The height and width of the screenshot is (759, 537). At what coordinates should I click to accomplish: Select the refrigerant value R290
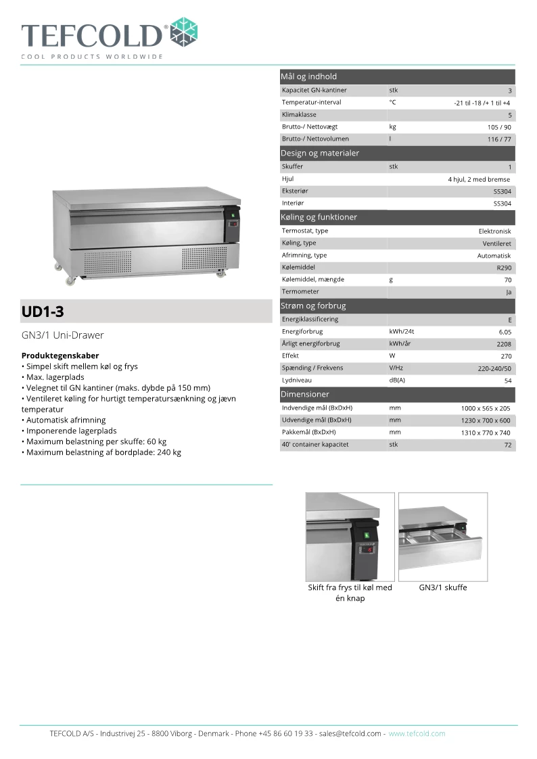point(504,268)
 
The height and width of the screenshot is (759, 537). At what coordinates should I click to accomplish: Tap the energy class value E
point(509,320)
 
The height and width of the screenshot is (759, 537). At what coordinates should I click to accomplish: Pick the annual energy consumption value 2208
point(503,344)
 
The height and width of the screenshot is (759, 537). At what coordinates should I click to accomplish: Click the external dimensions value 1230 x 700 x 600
point(486,420)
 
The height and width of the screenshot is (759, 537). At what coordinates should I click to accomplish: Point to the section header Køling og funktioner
point(319,217)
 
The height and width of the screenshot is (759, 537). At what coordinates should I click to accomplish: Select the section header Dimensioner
point(305,394)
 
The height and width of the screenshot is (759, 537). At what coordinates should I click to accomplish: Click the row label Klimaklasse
point(299,115)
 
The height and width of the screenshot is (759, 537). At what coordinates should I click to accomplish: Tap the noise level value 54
point(507,381)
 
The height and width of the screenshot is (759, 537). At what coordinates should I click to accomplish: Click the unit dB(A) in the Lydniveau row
point(397,381)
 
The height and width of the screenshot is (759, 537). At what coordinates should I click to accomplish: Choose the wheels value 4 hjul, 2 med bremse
point(479,180)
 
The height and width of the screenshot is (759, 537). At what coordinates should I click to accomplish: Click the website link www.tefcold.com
point(417,733)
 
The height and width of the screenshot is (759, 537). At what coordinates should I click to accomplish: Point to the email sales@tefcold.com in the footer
point(350,733)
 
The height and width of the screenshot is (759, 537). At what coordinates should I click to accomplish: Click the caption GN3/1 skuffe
point(443,587)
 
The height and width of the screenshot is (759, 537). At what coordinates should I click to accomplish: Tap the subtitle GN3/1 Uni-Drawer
point(63,335)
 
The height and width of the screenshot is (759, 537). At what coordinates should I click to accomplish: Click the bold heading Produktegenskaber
point(60,356)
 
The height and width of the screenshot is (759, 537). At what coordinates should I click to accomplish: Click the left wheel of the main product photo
point(70,280)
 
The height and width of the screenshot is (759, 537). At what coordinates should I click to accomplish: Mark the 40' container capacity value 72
point(507,445)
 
